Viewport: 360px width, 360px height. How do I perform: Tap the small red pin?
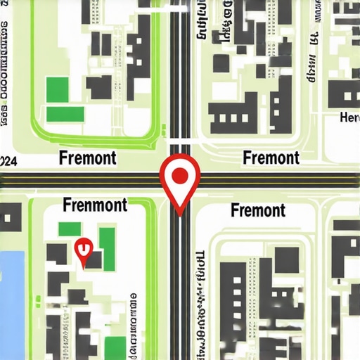point(84,250)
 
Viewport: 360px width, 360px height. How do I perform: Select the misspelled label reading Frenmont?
point(95,205)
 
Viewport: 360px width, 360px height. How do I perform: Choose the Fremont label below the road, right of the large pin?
point(258,210)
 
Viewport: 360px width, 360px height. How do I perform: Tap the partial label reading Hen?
point(349,117)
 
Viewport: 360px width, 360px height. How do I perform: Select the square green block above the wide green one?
point(58,89)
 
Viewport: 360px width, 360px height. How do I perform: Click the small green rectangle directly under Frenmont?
point(70,229)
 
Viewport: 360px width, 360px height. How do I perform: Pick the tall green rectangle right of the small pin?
point(107,243)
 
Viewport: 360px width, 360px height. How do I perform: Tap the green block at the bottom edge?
point(113,347)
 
